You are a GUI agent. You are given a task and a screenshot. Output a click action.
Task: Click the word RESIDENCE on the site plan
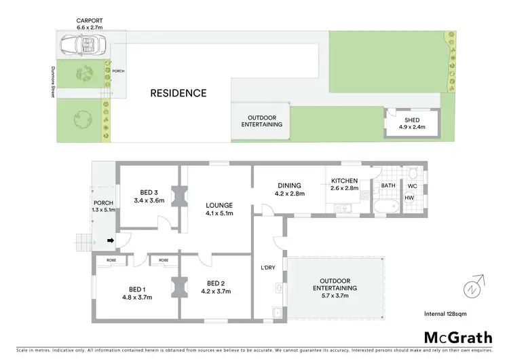pyautogui.click(x=178, y=93)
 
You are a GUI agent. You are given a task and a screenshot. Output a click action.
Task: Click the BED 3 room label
pyautogui.click(x=149, y=192)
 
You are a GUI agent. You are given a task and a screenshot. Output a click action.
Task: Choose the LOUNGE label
pyautogui.click(x=220, y=205)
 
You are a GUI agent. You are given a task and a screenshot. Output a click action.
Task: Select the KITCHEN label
pyautogui.click(x=343, y=181)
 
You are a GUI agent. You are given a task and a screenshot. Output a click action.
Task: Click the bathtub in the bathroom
pyautogui.click(x=388, y=204)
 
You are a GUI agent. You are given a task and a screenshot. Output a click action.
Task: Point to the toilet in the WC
pyautogui.click(x=412, y=173)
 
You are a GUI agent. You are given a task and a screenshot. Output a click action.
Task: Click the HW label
pyautogui.click(x=409, y=198)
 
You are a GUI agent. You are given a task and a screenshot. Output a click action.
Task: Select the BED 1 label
pyautogui.click(x=134, y=289)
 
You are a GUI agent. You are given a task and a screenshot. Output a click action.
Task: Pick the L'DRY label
pyautogui.click(x=268, y=268)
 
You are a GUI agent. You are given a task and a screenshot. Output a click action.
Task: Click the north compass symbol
pyautogui.click(x=472, y=288)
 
